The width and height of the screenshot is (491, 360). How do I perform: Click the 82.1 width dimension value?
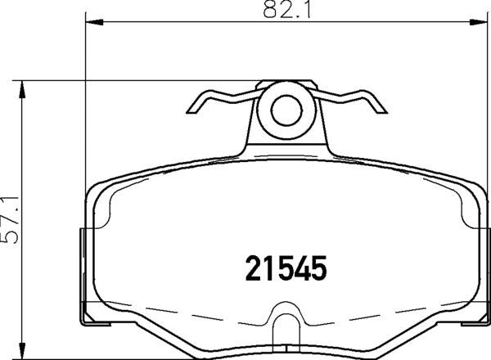[286, 10]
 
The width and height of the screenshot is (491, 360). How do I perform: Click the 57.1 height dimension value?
[11, 220]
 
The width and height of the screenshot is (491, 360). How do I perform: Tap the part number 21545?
[286, 268]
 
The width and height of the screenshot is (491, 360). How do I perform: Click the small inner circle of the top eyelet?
[286, 110]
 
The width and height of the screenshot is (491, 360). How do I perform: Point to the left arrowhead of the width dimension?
[94, 21]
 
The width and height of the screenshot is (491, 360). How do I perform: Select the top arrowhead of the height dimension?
[21, 90]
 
